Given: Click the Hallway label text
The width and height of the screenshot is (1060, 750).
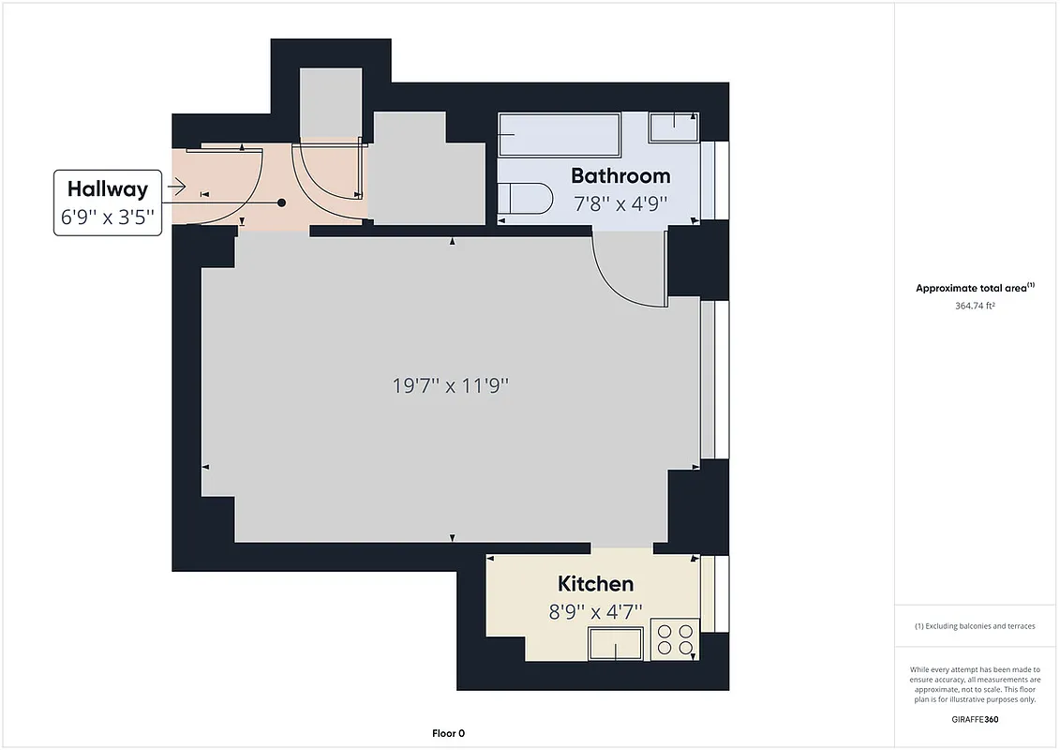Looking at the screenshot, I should (107, 188).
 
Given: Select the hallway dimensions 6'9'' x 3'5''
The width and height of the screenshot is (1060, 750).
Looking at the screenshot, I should (107, 218).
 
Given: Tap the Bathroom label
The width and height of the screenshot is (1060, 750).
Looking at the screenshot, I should (620, 175).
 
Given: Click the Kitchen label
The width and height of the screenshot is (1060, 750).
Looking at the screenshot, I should (595, 584).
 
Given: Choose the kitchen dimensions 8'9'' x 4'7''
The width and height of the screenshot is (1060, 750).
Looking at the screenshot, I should (595, 611).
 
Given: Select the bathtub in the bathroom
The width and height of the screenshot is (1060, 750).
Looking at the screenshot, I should (559, 134).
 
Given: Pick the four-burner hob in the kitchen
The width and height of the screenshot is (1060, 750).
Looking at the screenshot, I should (676, 639).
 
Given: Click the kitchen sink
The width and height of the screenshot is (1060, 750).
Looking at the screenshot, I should (615, 645).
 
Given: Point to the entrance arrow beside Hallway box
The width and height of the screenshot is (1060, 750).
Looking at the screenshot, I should (175, 188).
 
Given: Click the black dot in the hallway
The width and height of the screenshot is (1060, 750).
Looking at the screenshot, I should (281, 202).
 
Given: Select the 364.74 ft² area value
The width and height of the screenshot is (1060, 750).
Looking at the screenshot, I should (975, 306).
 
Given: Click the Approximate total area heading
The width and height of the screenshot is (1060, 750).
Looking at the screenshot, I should (975, 288).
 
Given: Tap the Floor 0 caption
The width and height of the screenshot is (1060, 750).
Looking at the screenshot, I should (448, 734).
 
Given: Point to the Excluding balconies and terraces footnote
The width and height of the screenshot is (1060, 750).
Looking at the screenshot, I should (975, 626).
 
